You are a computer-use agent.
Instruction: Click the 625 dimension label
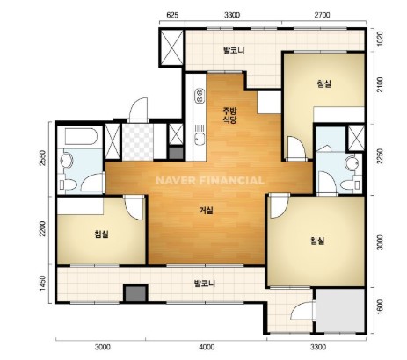pyautogui.click(x=172, y=15)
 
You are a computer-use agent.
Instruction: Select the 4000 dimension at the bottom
pyautogui.click(x=207, y=348)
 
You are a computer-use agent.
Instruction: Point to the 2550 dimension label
pyautogui.click(x=43, y=158)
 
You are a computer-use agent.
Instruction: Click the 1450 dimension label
pyautogui.click(x=43, y=284)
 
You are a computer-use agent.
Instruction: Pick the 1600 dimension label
pyautogui.click(x=380, y=307)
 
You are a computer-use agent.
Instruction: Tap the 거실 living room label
pyautogui.click(x=207, y=211)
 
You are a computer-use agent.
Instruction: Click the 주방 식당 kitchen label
pyautogui.click(x=229, y=115)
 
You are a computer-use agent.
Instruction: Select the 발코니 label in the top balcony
pyautogui.click(x=234, y=50)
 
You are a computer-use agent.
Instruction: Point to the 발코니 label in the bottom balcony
pyautogui.click(x=205, y=284)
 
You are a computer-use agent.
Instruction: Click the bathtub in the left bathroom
pyautogui.click(x=81, y=136)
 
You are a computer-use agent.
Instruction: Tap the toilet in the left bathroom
pyautogui.click(x=69, y=184)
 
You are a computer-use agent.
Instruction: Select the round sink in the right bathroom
pyautogui.click(x=351, y=162)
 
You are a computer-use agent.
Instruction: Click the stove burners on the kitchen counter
pyautogui.click(x=200, y=96)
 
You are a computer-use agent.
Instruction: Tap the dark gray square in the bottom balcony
pyautogui.click(x=135, y=293)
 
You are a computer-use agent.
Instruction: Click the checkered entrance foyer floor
pyautogui.click(x=138, y=142)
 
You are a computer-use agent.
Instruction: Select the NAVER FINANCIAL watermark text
pyautogui.click(x=210, y=180)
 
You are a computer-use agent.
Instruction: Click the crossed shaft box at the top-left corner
pyautogui.click(x=171, y=47)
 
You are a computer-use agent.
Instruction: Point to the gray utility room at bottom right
pyautogui.click(x=340, y=310)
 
